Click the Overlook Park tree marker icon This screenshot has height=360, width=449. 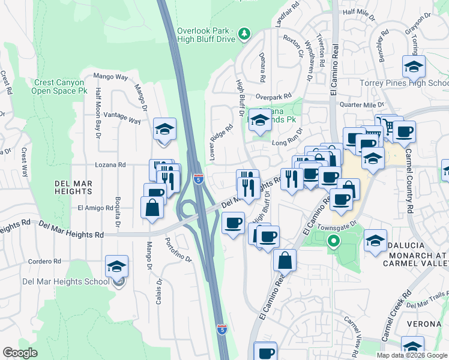244,34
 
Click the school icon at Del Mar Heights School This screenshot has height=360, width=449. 116,266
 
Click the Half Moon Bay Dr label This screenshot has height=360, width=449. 98,116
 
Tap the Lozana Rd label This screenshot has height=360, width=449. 110,164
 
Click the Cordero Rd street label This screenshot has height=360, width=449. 45,261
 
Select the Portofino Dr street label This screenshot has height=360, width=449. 179,251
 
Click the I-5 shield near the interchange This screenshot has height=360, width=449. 199,179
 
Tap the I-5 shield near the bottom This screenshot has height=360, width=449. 221,329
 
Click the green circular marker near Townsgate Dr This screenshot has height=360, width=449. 334,242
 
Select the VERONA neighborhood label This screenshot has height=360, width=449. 427,325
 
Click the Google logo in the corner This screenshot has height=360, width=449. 20,353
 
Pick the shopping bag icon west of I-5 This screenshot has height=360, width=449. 152,208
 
